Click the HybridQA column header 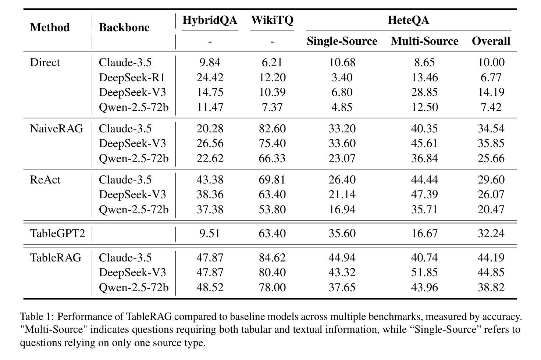point(210,20)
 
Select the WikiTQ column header point(272,20)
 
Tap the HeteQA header point(408,20)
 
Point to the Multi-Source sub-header point(424,41)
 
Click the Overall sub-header point(491,41)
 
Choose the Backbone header point(124,28)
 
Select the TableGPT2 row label point(57,234)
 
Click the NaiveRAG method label point(57,129)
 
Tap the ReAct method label point(45,180)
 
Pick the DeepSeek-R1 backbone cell point(132,78)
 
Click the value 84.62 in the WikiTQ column point(272,258)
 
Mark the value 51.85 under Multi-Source point(424,272)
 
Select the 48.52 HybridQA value point(210,288)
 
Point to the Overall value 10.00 point(491,63)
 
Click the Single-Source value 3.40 point(342,78)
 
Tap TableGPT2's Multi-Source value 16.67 point(424,234)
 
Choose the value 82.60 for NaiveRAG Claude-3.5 point(272,129)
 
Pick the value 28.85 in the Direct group point(424,92)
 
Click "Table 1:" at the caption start point(37,317)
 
